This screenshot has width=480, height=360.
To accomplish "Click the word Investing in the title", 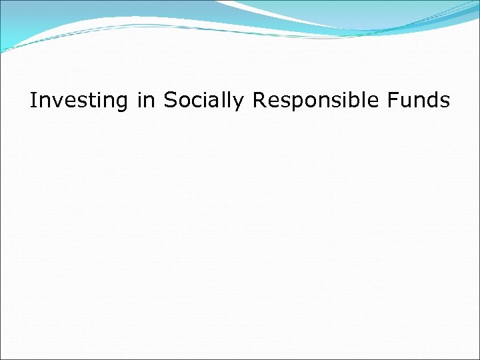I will (x=78, y=101).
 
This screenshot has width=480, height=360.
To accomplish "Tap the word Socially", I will (x=204, y=101).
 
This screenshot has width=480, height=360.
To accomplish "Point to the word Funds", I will (x=419, y=101).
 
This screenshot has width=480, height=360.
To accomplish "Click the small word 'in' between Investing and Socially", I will (x=144, y=101).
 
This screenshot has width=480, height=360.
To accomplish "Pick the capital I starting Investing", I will (x=34, y=101).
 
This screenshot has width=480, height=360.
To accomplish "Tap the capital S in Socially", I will (x=170, y=101).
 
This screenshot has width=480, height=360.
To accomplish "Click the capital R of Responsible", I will (x=258, y=101).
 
